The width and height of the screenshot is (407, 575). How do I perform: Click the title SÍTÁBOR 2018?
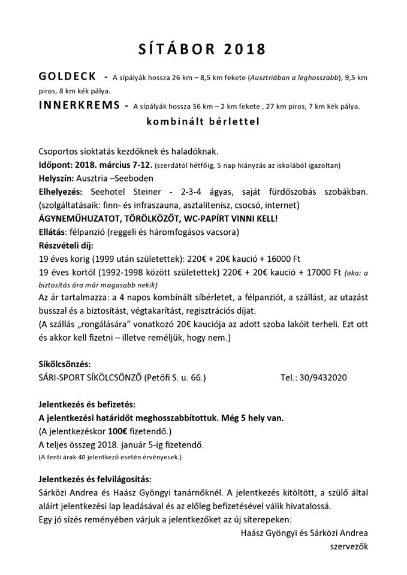tap(204, 49)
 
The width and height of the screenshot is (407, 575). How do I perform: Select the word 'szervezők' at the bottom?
tap(349, 546)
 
